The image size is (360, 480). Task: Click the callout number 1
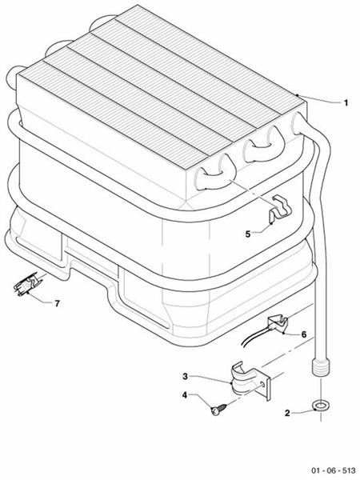(346, 103)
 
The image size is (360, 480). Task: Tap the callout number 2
(287, 413)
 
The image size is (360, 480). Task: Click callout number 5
(247, 234)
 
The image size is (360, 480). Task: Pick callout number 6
(303, 334)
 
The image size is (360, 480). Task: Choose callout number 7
(57, 304)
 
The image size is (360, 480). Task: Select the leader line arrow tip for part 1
(298, 95)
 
